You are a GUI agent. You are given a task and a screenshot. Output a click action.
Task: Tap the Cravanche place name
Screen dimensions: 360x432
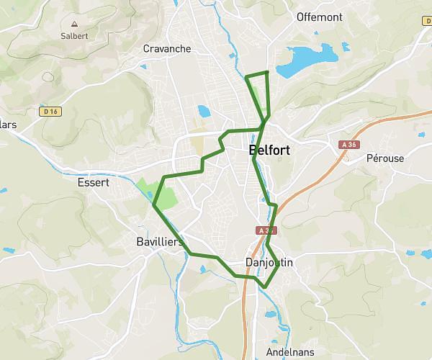[x=167, y=49]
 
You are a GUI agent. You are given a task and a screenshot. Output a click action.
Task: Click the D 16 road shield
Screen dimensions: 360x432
[x=50, y=112]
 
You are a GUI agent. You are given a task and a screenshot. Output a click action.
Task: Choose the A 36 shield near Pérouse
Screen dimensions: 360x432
[x=349, y=145]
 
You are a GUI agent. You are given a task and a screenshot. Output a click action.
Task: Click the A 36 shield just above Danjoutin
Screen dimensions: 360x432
[x=264, y=231]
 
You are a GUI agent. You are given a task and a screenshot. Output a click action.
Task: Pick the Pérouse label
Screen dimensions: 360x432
[x=385, y=158]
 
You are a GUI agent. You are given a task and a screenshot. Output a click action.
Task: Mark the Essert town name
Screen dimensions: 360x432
[x=93, y=183]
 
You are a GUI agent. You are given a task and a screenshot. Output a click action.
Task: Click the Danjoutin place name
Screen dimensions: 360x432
[x=269, y=263]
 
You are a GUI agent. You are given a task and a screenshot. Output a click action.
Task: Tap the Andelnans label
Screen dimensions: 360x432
[x=289, y=354]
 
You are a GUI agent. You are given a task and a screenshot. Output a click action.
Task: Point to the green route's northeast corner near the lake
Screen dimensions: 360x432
[x=267, y=72]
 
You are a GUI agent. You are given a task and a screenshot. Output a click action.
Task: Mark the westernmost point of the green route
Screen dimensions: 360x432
[x=154, y=205]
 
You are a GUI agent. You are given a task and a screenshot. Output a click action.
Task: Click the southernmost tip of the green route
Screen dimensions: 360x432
[x=264, y=287]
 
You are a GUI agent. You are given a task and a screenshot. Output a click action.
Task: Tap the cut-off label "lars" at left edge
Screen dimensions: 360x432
[x=8, y=125]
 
